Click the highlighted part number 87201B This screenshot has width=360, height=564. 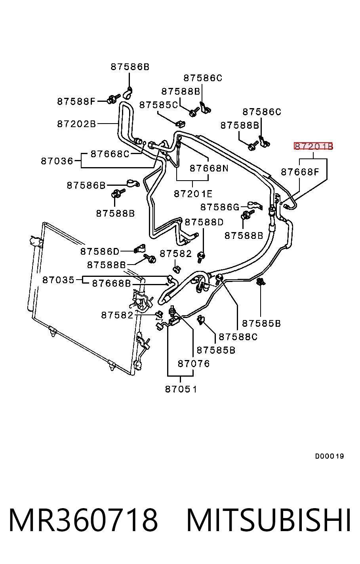click(x=313, y=146)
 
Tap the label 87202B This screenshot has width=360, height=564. click(x=76, y=124)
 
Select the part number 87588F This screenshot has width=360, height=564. click(x=76, y=101)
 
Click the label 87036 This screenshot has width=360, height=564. click(x=57, y=161)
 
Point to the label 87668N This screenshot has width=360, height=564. click(x=209, y=168)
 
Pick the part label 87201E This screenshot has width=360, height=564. click(x=193, y=194)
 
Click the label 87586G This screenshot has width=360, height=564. click(x=220, y=207)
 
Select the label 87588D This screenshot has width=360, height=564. click(x=204, y=222)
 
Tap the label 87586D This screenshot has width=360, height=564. click(x=100, y=251)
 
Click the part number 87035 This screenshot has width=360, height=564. click(x=58, y=280)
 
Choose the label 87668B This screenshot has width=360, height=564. click(x=112, y=284)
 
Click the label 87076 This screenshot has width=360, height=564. click(x=194, y=364)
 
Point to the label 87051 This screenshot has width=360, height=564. click(x=181, y=389)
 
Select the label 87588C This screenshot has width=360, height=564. click(x=238, y=337)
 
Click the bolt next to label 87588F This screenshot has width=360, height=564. click(x=113, y=99)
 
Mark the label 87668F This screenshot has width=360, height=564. click(x=300, y=172)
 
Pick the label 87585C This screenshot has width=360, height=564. click(x=158, y=105)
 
